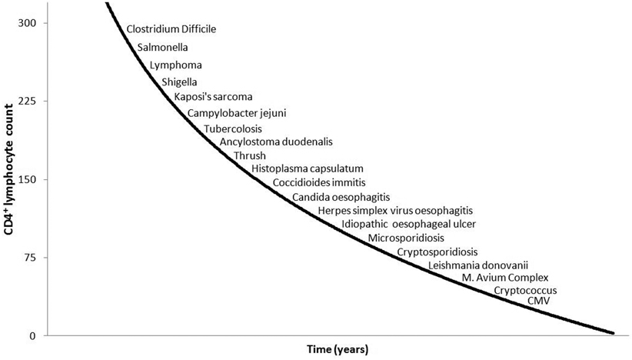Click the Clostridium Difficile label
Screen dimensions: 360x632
(171, 29)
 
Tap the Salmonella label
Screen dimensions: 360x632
(163, 47)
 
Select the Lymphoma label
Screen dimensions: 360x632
(175, 65)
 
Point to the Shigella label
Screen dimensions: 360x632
(180, 82)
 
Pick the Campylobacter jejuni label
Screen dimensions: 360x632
(237, 113)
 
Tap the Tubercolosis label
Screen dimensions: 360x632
(232, 128)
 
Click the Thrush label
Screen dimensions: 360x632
(250, 155)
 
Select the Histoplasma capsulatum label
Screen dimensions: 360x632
(308, 168)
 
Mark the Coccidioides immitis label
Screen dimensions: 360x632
(319, 183)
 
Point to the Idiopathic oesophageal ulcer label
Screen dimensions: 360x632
(409, 224)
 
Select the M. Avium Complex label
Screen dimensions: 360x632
(505, 278)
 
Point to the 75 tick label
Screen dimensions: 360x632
(30, 257)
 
